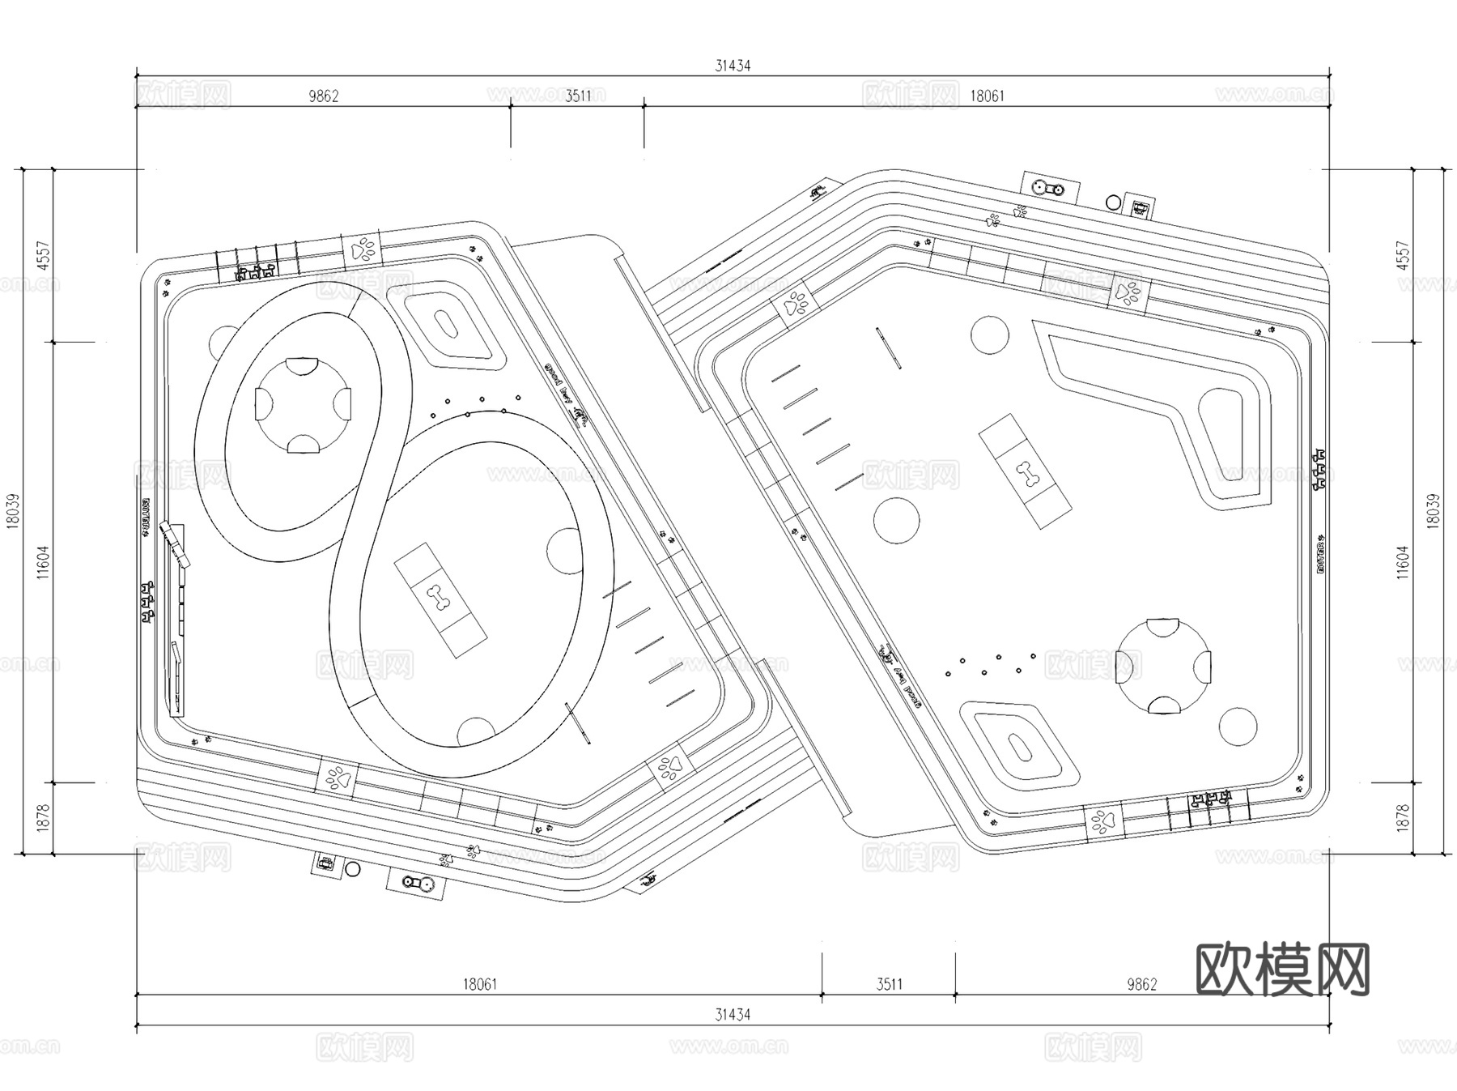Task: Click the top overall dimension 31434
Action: (733, 66)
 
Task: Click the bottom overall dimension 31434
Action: (733, 1014)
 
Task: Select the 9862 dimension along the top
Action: (323, 96)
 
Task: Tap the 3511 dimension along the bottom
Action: (889, 984)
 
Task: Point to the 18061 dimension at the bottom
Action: (480, 984)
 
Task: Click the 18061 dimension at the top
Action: (987, 96)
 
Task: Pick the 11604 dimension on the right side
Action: (1403, 562)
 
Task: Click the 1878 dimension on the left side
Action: (44, 817)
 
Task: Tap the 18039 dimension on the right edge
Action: (1434, 512)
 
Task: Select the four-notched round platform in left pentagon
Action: (304, 403)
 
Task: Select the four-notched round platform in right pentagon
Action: (1163, 666)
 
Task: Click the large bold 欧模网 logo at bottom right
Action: (1282, 969)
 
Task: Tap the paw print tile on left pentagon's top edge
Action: (363, 248)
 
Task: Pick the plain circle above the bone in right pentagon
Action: (989, 335)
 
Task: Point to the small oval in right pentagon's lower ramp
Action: (1020, 745)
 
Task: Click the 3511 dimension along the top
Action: (578, 96)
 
